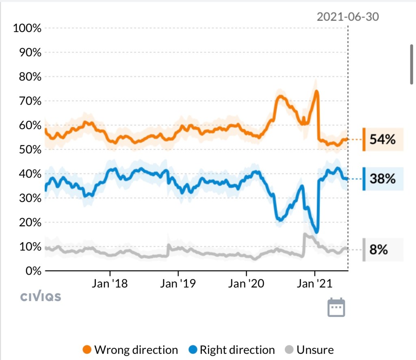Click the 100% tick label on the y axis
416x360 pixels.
point(27,28)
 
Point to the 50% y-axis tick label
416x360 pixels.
point(29,150)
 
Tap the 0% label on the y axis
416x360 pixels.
point(32,271)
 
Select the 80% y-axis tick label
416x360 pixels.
point(29,77)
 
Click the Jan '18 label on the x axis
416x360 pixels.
point(109,283)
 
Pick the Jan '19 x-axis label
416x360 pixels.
point(178,283)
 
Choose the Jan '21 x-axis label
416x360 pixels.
point(315,283)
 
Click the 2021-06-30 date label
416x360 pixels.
point(347,17)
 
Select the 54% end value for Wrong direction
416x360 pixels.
point(382,140)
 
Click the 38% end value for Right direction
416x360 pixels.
point(382,179)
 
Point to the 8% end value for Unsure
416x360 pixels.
point(379,249)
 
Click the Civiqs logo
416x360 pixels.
point(41,297)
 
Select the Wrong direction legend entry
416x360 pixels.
point(130,350)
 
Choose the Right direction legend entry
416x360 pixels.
point(232,350)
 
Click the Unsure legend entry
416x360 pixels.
point(310,350)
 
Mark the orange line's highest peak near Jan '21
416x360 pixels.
point(316,91)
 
